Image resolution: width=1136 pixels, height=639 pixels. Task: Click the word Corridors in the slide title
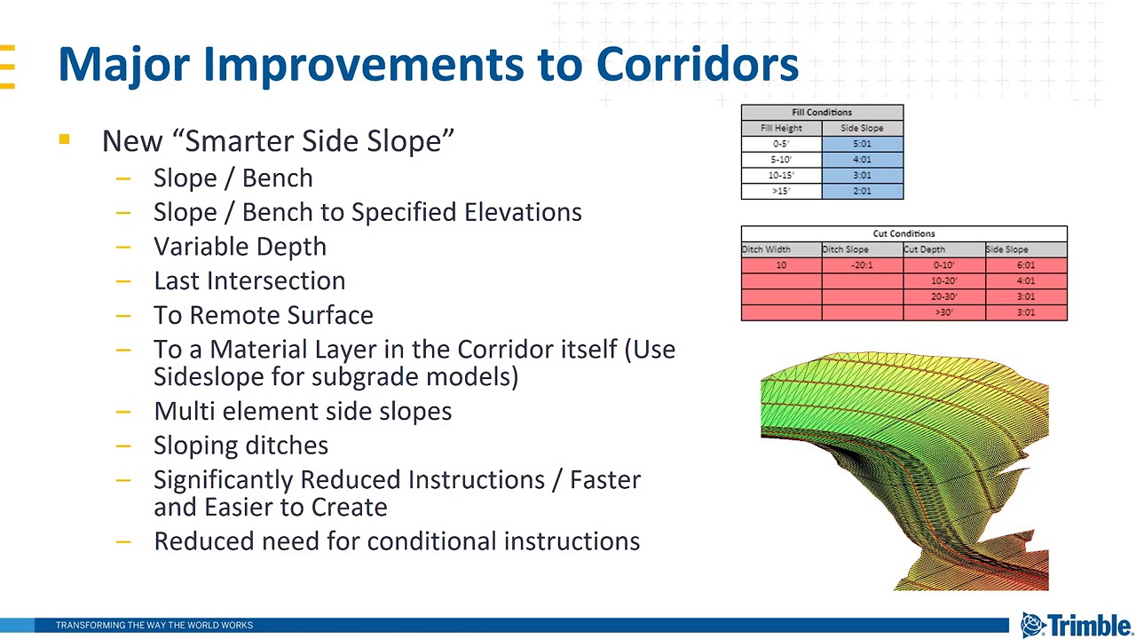click(697, 64)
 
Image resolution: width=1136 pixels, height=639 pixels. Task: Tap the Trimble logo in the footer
click(1076, 625)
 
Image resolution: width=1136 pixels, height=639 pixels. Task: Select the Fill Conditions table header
click(822, 113)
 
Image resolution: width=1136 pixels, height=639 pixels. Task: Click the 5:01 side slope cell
click(862, 144)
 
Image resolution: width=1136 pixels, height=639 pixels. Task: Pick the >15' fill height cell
click(781, 192)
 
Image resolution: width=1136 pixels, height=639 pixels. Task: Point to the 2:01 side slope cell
click(862, 192)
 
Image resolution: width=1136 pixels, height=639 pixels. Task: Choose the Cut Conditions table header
click(903, 234)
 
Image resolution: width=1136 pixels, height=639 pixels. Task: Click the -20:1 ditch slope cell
click(862, 265)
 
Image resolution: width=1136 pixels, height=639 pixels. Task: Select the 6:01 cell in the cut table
click(1025, 265)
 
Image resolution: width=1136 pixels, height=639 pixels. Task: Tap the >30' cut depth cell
click(943, 312)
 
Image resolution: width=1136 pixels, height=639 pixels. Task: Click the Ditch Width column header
click(767, 249)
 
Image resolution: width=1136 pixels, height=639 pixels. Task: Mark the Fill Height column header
click(781, 129)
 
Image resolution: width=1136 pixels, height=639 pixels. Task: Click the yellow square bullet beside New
click(64, 139)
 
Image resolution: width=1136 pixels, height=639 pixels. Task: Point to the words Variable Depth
click(240, 247)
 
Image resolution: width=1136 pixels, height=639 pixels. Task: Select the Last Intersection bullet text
click(249, 280)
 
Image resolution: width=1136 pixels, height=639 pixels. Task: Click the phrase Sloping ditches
click(241, 446)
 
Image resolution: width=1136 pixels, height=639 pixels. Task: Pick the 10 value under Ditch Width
click(781, 265)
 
